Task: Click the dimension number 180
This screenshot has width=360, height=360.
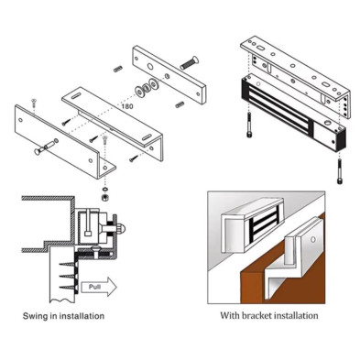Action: coord(127,106)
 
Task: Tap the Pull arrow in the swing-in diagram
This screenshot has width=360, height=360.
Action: coord(99,287)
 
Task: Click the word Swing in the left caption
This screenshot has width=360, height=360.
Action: coord(35,316)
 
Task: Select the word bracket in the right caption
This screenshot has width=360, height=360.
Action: coord(257,315)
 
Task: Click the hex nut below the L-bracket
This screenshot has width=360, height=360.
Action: coord(105,198)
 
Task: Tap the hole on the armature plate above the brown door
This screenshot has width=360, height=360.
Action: coord(312,240)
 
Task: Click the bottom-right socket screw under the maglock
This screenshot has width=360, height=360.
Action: coord(339,171)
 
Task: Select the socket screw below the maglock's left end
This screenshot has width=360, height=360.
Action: coord(249,125)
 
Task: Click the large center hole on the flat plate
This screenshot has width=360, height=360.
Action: coord(150,67)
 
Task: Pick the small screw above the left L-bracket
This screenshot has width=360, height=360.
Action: coord(33,103)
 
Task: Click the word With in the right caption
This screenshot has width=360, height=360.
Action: coord(230,315)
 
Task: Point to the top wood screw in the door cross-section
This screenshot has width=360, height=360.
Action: coord(67,264)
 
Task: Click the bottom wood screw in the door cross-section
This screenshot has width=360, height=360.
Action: coord(67,288)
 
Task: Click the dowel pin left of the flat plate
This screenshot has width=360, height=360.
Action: coord(118,69)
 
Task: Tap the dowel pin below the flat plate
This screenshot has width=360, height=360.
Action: coord(180,104)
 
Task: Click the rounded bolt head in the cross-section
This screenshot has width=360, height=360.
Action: coord(122,228)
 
